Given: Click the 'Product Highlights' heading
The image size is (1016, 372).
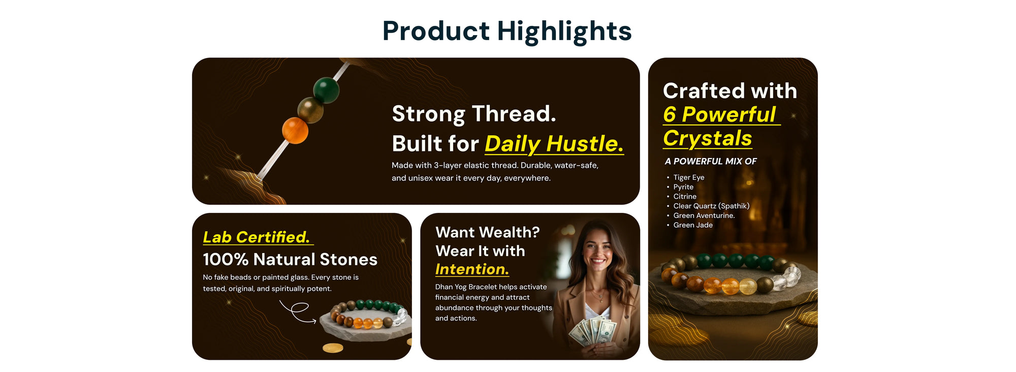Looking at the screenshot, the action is coord(507,32).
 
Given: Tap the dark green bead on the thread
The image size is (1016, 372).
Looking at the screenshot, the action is coord(326,90).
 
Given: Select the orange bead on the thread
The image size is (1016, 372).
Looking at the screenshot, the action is coord(295,130).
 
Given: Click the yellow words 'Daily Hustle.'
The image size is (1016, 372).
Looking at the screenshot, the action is coord(554,144).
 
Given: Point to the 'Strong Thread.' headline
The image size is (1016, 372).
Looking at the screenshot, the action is coord(474,114).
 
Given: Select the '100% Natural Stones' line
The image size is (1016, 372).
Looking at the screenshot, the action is coord(290,260).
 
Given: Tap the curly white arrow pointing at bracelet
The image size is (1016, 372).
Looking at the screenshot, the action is coord(298,312).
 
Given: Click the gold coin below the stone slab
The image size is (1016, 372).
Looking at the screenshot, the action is coord(333,348).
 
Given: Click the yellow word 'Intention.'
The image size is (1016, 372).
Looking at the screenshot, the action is coord(472,269).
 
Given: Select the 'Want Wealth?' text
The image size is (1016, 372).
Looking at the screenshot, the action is coord(488,232).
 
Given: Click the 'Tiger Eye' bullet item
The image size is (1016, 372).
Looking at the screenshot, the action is coord(689,177).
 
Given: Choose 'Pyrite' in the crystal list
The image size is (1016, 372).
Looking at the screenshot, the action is coord(683,187).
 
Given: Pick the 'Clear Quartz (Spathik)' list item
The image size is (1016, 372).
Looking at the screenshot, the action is coord(711,206).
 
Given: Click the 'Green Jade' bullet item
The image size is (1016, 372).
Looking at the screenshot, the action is coord(693,225).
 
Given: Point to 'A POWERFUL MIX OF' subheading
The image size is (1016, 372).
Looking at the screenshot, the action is coord(711,161).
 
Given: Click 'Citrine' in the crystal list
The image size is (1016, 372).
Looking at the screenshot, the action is coord(685,196).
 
